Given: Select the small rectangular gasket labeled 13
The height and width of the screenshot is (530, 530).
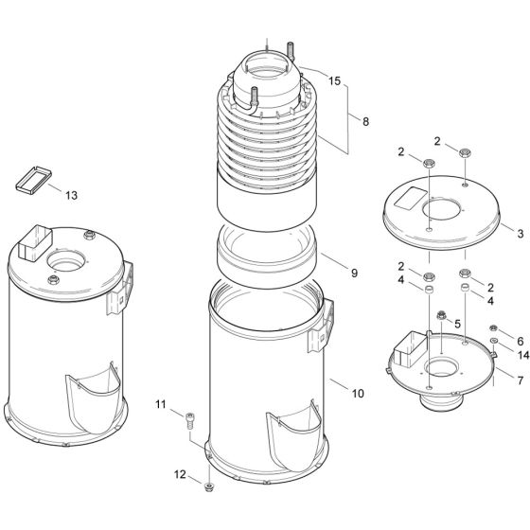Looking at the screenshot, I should click(31, 179).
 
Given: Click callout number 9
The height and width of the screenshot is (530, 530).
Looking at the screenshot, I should click(353, 273).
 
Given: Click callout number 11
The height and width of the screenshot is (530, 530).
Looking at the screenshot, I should click(161, 406).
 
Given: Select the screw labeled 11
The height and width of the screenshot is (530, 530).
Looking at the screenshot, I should click(193, 416).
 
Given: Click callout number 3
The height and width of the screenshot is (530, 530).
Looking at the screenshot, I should click(520, 231).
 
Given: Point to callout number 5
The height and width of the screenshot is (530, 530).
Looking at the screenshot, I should click(457, 324).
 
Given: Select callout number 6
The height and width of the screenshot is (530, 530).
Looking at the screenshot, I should click(520, 339).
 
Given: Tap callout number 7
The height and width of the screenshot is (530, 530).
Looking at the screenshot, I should click(520, 380).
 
